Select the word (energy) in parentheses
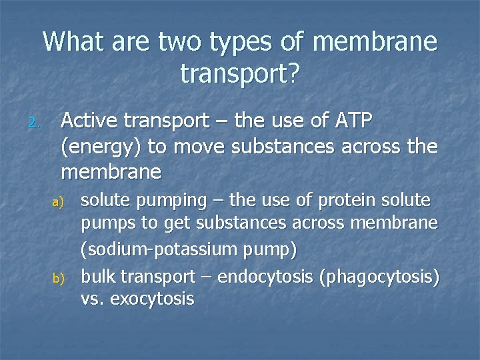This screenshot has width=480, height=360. [x=102, y=147]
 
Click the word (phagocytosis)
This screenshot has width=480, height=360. [x=380, y=276]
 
